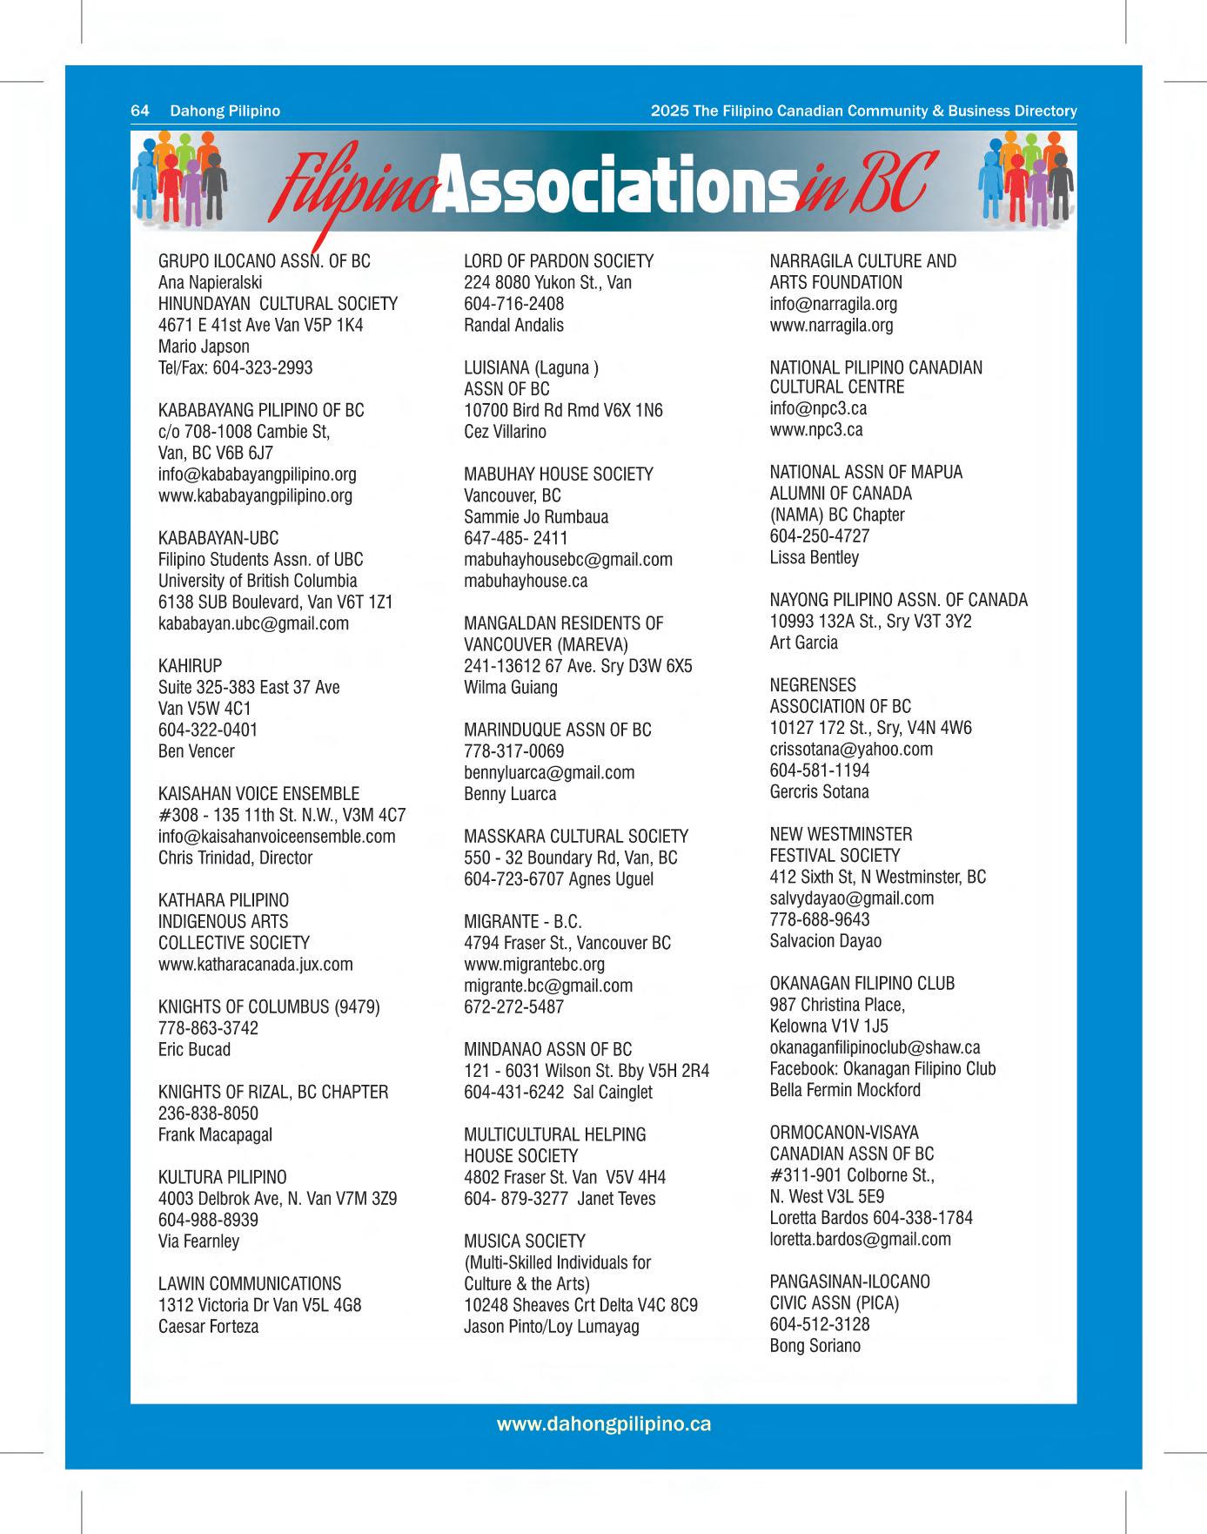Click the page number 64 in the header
click(x=139, y=111)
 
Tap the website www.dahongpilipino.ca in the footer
click(x=603, y=1423)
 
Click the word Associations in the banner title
click(x=614, y=184)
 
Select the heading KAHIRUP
click(x=190, y=666)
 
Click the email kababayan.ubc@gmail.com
click(x=253, y=623)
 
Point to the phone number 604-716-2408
click(x=513, y=304)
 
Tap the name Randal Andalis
click(x=513, y=325)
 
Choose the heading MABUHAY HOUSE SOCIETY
click(x=558, y=474)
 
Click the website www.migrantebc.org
click(x=533, y=965)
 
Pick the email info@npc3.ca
click(x=817, y=408)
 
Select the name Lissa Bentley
click(x=814, y=557)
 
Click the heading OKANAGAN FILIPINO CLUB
click(x=862, y=984)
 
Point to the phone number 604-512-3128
click(x=819, y=1324)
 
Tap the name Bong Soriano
click(x=815, y=1346)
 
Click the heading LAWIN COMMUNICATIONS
click(x=250, y=1284)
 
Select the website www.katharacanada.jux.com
click(x=255, y=965)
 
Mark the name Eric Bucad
click(x=194, y=1050)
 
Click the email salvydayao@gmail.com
click(x=851, y=898)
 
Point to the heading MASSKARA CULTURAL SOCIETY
click(x=575, y=837)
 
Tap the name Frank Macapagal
click(x=215, y=1135)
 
